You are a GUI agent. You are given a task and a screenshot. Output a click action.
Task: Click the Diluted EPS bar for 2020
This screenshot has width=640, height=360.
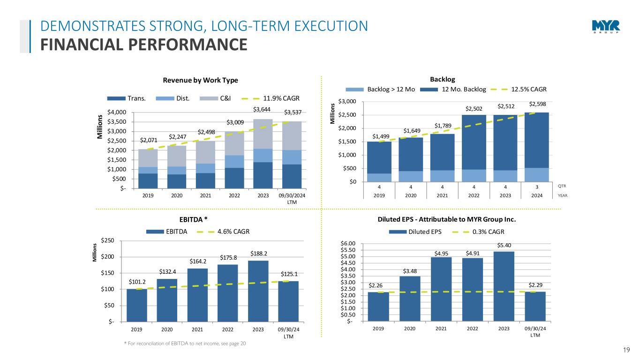coord(409,299)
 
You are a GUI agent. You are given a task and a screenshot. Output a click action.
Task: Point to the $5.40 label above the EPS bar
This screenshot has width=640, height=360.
coord(504,245)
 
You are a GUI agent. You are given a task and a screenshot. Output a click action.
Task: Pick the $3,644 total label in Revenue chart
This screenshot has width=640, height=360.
coord(263,110)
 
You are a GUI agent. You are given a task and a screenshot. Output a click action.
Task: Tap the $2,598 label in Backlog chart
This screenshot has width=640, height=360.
coord(538,104)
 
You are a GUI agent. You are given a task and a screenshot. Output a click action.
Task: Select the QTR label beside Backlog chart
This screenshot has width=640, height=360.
coord(562,186)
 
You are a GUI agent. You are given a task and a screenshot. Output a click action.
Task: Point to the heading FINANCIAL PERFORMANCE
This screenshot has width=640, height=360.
coord(143,45)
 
